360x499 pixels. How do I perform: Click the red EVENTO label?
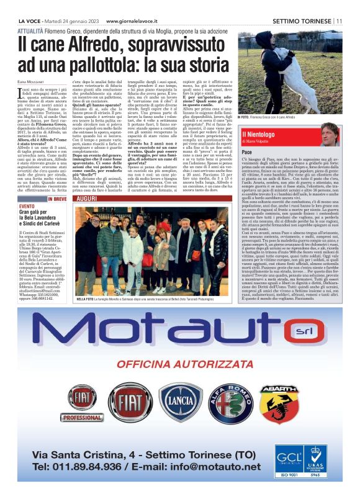27,205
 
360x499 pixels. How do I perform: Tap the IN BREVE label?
56,199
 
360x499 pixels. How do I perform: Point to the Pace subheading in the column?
246,152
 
